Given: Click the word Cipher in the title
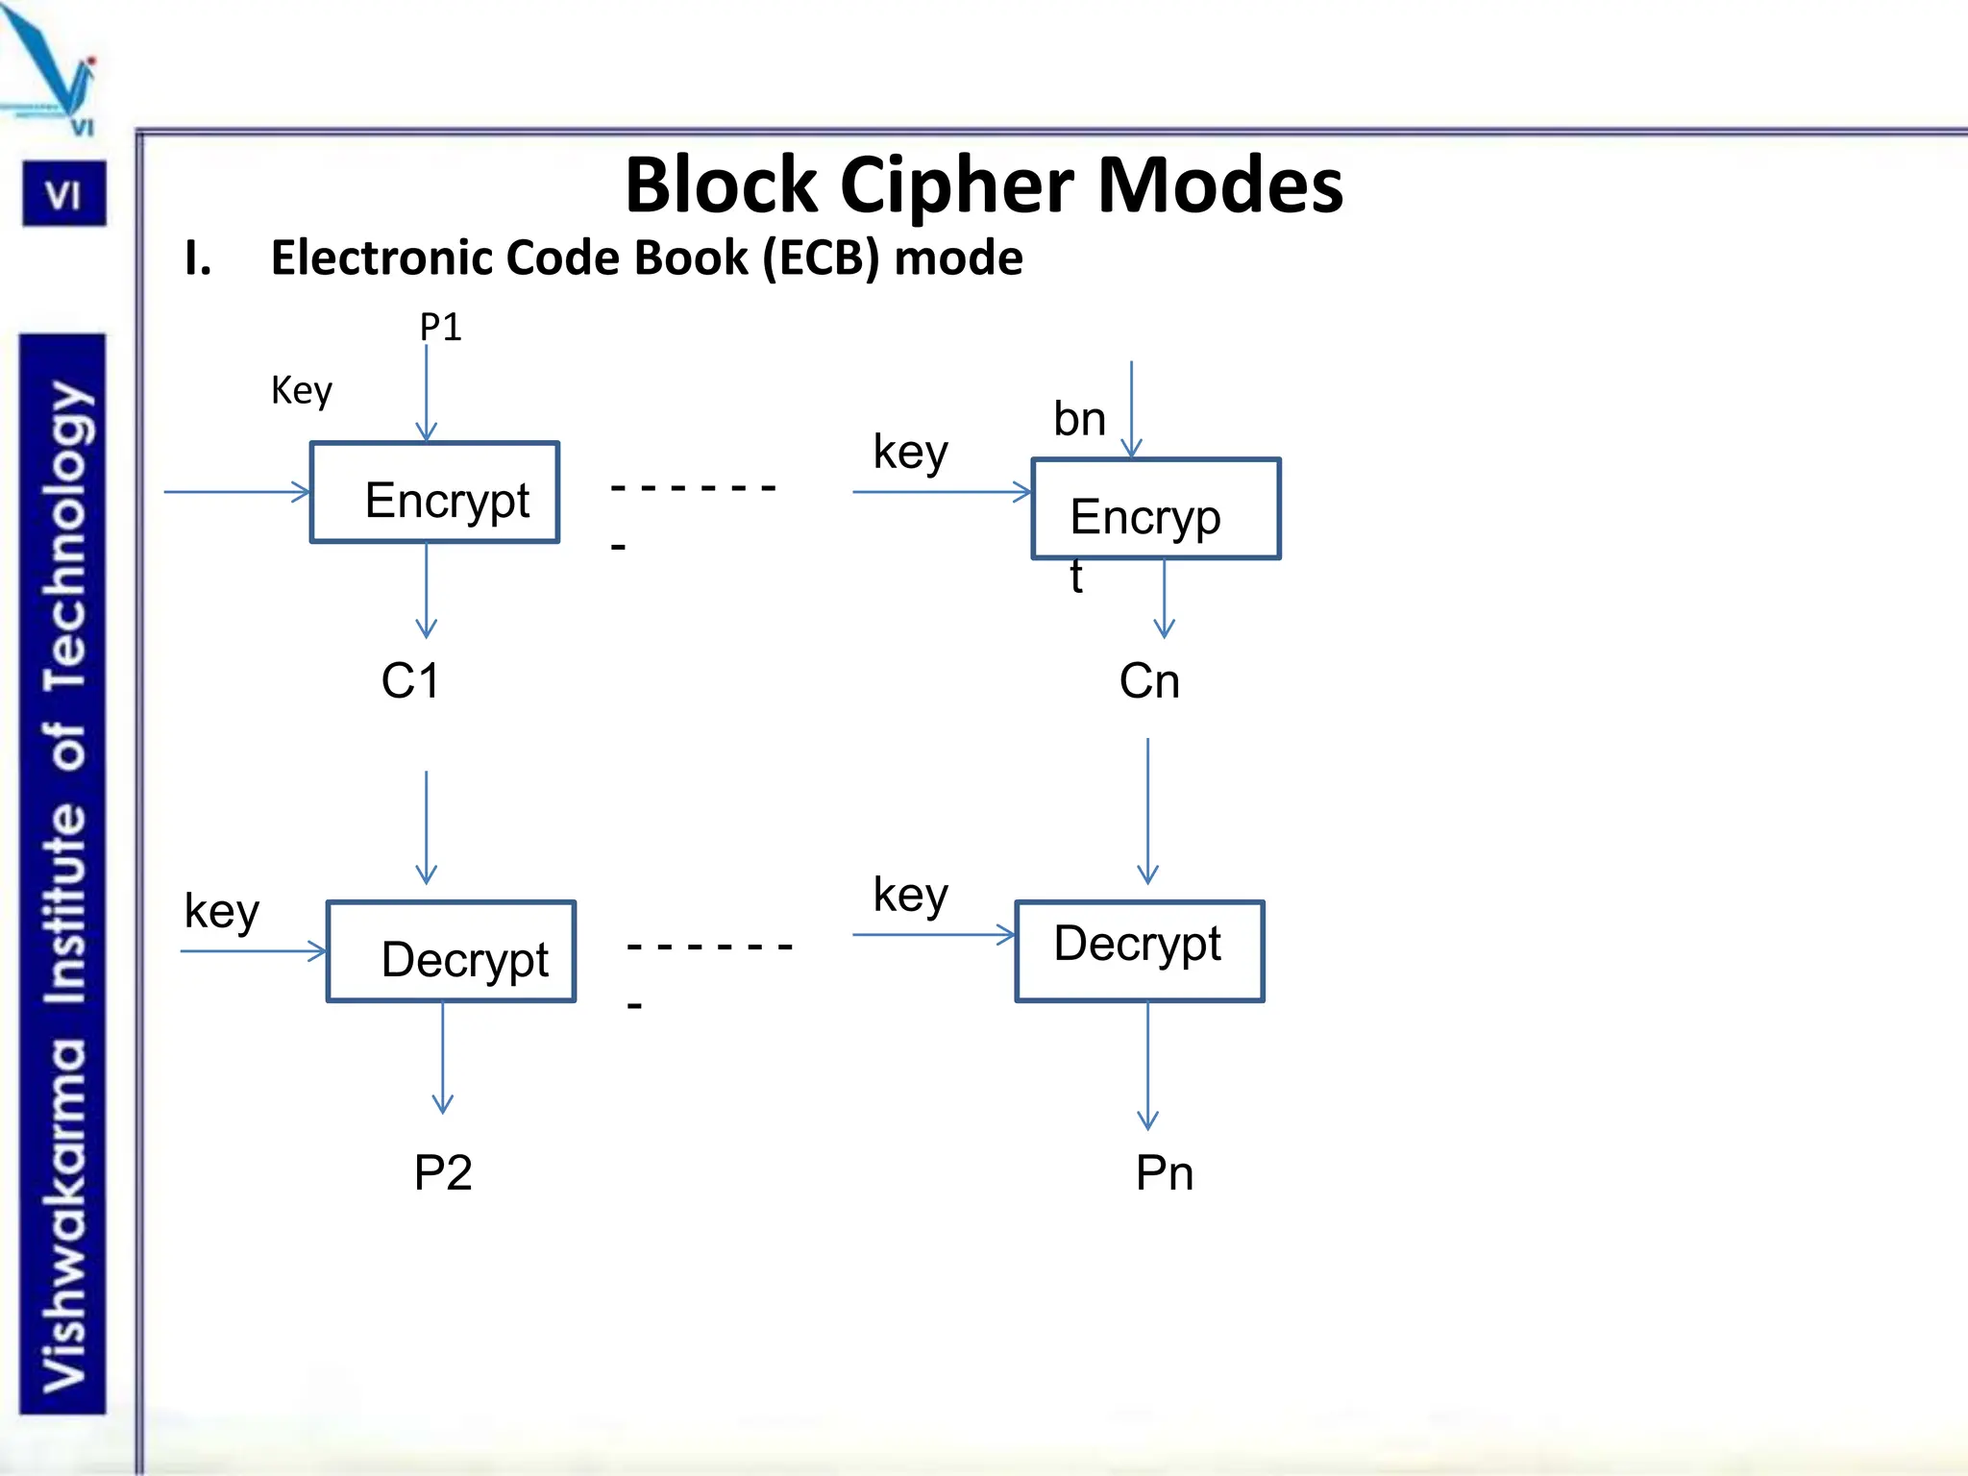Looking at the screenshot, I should pyautogui.click(x=956, y=184).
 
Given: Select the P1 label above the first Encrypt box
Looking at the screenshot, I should pyautogui.click(x=440, y=328).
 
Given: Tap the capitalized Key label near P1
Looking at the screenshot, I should pyautogui.click(x=301, y=390).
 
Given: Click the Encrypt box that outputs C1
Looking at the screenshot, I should pyautogui.click(x=434, y=493).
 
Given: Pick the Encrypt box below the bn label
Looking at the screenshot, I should pyautogui.click(x=1155, y=509).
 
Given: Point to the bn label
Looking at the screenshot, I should pyautogui.click(x=1079, y=419).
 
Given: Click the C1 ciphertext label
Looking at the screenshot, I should pyautogui.click(x=410, y=681).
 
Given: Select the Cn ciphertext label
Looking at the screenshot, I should pyautogui.click(x=1149, y=681).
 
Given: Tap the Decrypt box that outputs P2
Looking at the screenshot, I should pyautogui.click(x=451, y=951).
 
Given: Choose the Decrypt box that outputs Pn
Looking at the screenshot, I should pyautogui.click(x=1140, y=951).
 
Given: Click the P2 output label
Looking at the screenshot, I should pyautogui.click(x=443, y=1173).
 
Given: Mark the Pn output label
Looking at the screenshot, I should pyautogui.click(x=1165, y=1173).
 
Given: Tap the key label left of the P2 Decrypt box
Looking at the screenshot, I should pyautogui.click(x=222, y=911).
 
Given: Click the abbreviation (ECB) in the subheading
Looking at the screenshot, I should pyautogui.click(x=821, y=258).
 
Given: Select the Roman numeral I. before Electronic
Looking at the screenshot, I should pyautogui.click(x=198, y=258).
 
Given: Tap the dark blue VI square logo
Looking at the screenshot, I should pyautogui.click(x=64, y=195).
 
